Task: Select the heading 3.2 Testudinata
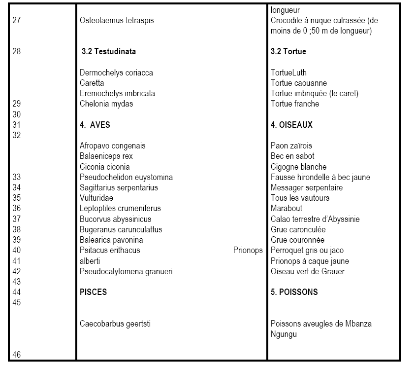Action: (109, 51)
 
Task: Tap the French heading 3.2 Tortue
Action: (288, 51)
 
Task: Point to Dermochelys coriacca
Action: (116, 73)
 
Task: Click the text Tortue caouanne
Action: (299, 83)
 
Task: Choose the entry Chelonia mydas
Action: (106, 104)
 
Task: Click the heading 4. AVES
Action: (95, 125)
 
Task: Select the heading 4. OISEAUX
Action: (291, 125)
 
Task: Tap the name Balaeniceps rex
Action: (106, 156)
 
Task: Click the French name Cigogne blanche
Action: (298, 167)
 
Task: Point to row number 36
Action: (17, 209)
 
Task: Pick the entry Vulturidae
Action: (95, 198)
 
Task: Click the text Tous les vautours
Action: (300, 198)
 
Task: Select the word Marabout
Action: (287, 209)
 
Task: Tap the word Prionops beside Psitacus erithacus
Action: (248, 251)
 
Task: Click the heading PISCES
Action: (93, 292)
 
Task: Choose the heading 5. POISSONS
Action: (294, 292)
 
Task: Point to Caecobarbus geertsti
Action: (115, 324)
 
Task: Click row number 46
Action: (17, 354)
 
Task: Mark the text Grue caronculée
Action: (298, 230)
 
